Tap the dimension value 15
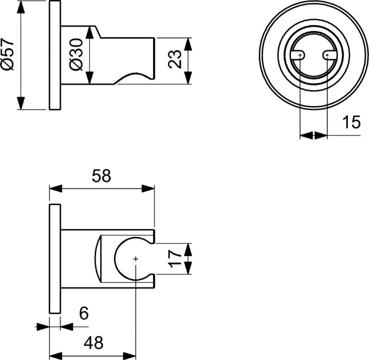[351, 123]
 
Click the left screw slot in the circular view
[299, 56]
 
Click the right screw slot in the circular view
[328, 56]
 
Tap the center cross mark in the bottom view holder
[135, 259]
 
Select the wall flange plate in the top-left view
[55, 56]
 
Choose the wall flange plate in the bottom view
[55, 258]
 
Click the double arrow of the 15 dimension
[313, 135]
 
